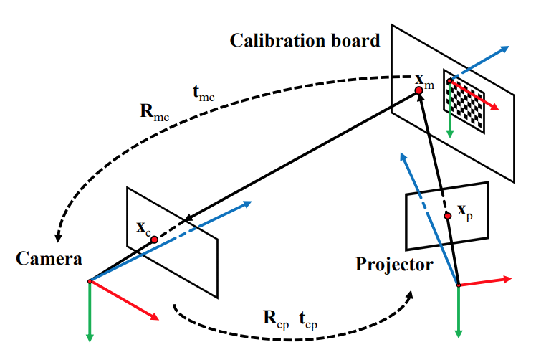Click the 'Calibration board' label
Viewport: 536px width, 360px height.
point(305,40)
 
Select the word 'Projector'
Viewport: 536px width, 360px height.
point(394,265)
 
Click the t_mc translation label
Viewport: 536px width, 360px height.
point(205,93)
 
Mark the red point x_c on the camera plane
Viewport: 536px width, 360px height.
point(154,240)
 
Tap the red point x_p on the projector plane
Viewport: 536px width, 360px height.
point(448,215)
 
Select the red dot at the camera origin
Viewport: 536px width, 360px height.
point(89,281)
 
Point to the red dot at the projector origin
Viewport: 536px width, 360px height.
point(458,286)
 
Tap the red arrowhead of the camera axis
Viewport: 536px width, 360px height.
point(154,316)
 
